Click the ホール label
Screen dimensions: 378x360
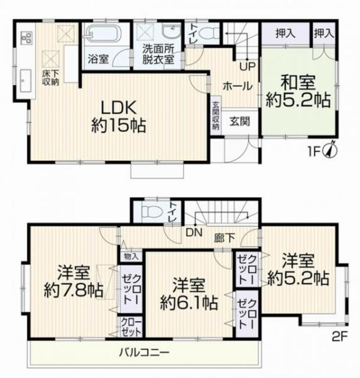click(237, 86)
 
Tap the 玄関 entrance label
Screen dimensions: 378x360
click(238, 121)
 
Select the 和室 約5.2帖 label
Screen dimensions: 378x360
click(298, 91)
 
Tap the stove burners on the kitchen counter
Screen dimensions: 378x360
click(26, 36)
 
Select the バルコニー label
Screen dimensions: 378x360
click(144, 351)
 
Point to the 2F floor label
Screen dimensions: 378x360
click(340, 337)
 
